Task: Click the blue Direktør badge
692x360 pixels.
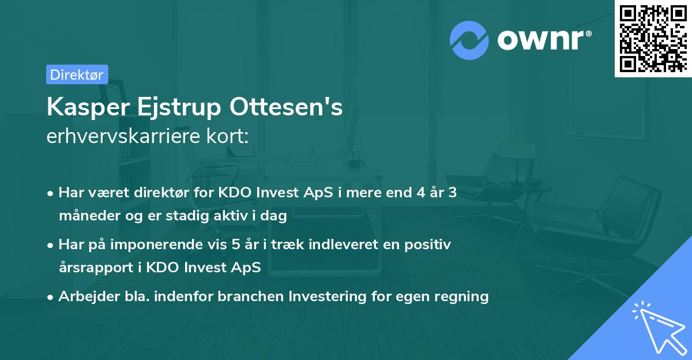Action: point(77,74)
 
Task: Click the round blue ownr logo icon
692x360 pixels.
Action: point(469,40)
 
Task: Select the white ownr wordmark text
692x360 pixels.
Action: point(543,40)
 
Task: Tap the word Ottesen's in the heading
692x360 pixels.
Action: point(286,107)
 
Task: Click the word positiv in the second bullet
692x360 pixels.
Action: point(427,245)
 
